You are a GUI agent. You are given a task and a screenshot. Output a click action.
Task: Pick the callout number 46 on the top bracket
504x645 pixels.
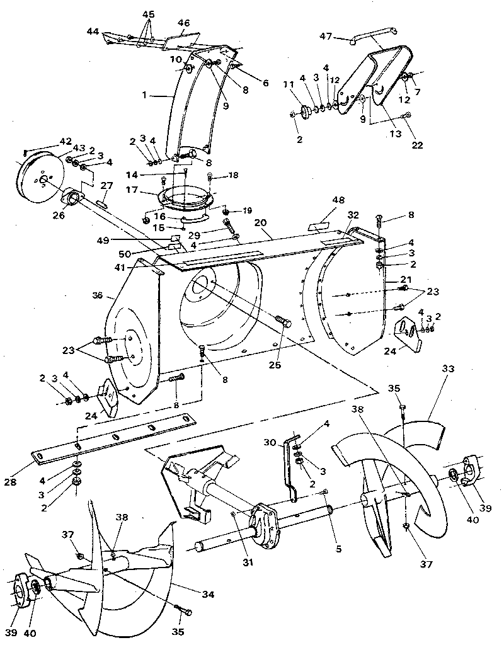pos(183,23)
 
